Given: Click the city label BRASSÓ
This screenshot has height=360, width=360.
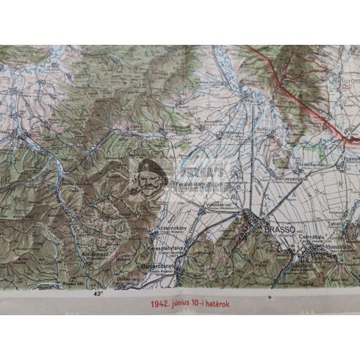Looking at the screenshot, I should (x=278, y=230).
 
